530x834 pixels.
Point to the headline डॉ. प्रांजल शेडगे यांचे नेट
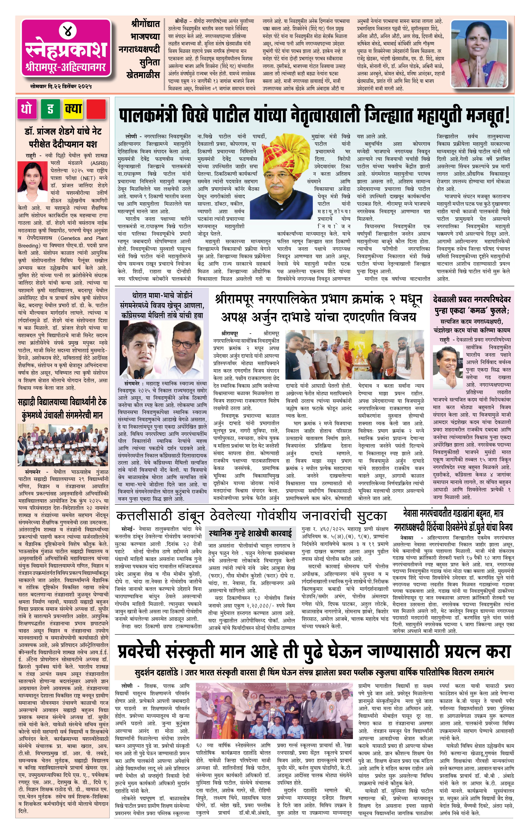click(x=63, y=132)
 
